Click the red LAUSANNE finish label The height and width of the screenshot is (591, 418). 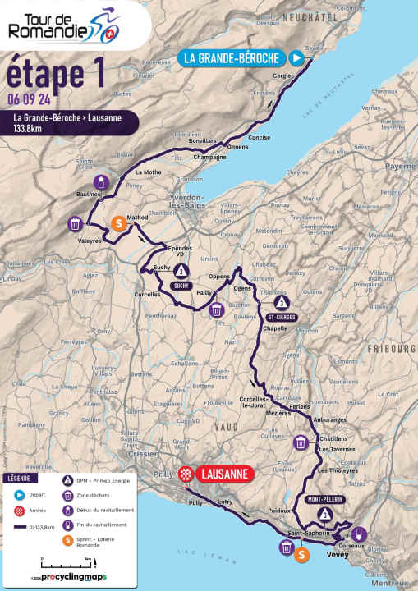(224, 474)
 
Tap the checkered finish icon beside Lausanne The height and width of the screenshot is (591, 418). (186, 474)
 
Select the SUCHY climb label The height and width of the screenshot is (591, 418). (181, 286)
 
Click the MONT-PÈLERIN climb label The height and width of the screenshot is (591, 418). (325, 499)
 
